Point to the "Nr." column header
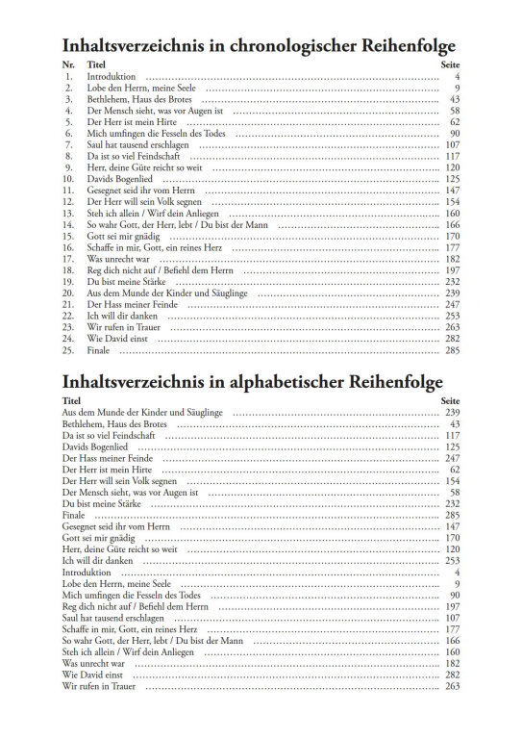(x=67, y=63)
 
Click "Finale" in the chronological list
(x=99, y=350)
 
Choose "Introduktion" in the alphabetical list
(x=87, y=573)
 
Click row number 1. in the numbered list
(x=69, y=75)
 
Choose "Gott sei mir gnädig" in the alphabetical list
(x=100, y=538)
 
